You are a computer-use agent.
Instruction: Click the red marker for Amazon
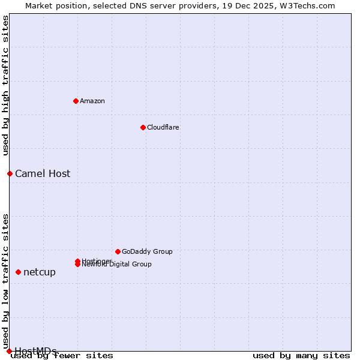76,101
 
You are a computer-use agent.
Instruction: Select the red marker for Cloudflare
143,127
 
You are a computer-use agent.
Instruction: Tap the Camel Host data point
10,173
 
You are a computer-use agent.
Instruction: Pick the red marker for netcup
18,272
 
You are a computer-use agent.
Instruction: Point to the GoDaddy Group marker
118,251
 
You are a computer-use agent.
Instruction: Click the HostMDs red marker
9,351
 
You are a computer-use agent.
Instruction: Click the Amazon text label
92,101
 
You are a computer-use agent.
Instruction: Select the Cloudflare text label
163,127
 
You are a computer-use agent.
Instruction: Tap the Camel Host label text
43,174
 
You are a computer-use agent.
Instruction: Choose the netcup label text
40,272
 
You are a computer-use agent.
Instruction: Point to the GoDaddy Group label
147,251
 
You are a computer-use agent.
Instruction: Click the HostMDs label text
35,351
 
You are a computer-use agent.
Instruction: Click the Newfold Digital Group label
117,265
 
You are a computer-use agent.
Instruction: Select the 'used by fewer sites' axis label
62,356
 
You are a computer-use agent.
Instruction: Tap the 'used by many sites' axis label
301,356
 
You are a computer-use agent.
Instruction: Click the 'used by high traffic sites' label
6,86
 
